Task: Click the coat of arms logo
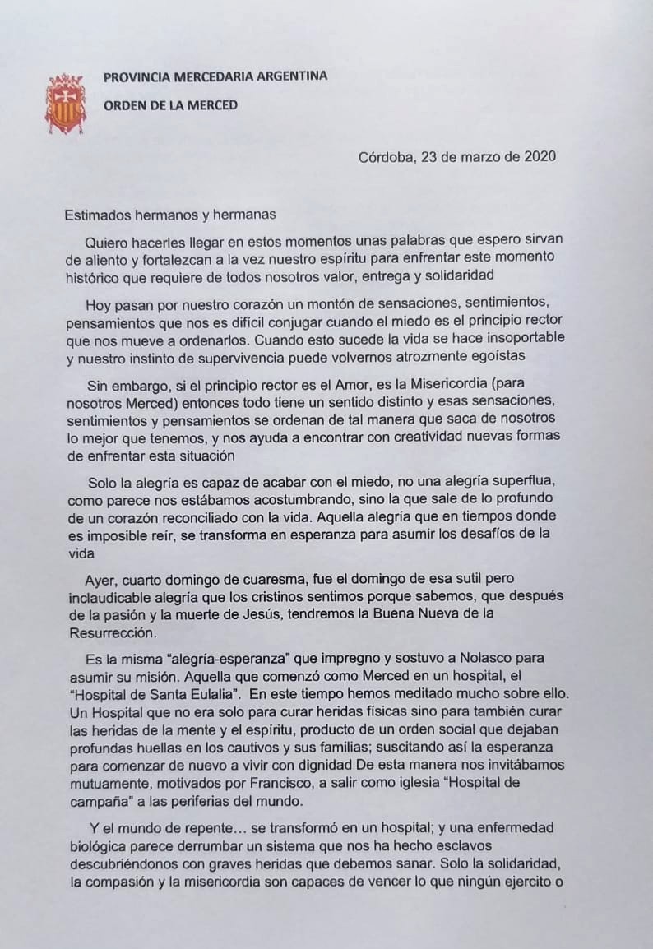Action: point(65,104)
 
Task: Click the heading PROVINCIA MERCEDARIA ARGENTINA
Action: point(215,76)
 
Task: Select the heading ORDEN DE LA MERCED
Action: point(170,104)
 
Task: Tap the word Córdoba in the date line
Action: point(388,157)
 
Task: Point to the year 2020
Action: point(539,157)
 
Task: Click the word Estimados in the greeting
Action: point(97,215)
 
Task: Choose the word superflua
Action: point(512,481)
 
